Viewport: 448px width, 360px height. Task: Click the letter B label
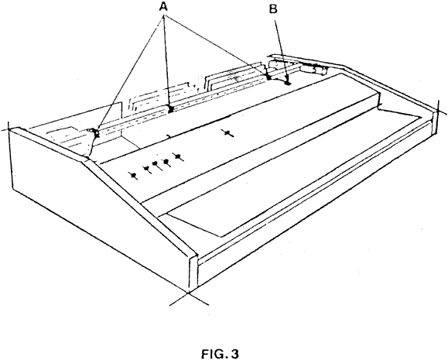coord(273,9)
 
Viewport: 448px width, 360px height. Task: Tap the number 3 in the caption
coord(234,354)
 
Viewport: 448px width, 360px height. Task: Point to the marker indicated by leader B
coord(287,83)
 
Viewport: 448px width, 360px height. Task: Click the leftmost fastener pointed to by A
coord(95,132)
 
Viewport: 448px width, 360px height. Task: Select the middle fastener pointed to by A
coord(170,109)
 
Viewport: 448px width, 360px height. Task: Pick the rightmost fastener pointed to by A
coord(268,77)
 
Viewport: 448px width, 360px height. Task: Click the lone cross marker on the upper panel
coord(227,133)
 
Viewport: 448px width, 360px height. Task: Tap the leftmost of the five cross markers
coord(133,176)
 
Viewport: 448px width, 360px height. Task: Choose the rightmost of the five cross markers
coord(178,156)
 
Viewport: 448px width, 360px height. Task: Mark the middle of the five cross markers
coord(156,164)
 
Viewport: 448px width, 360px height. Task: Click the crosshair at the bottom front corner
coord(189,293)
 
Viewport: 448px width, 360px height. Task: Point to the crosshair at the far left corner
coord(9,130)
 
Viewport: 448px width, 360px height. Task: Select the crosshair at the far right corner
coord(438,109)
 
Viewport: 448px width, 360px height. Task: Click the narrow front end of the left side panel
coord(193,273)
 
